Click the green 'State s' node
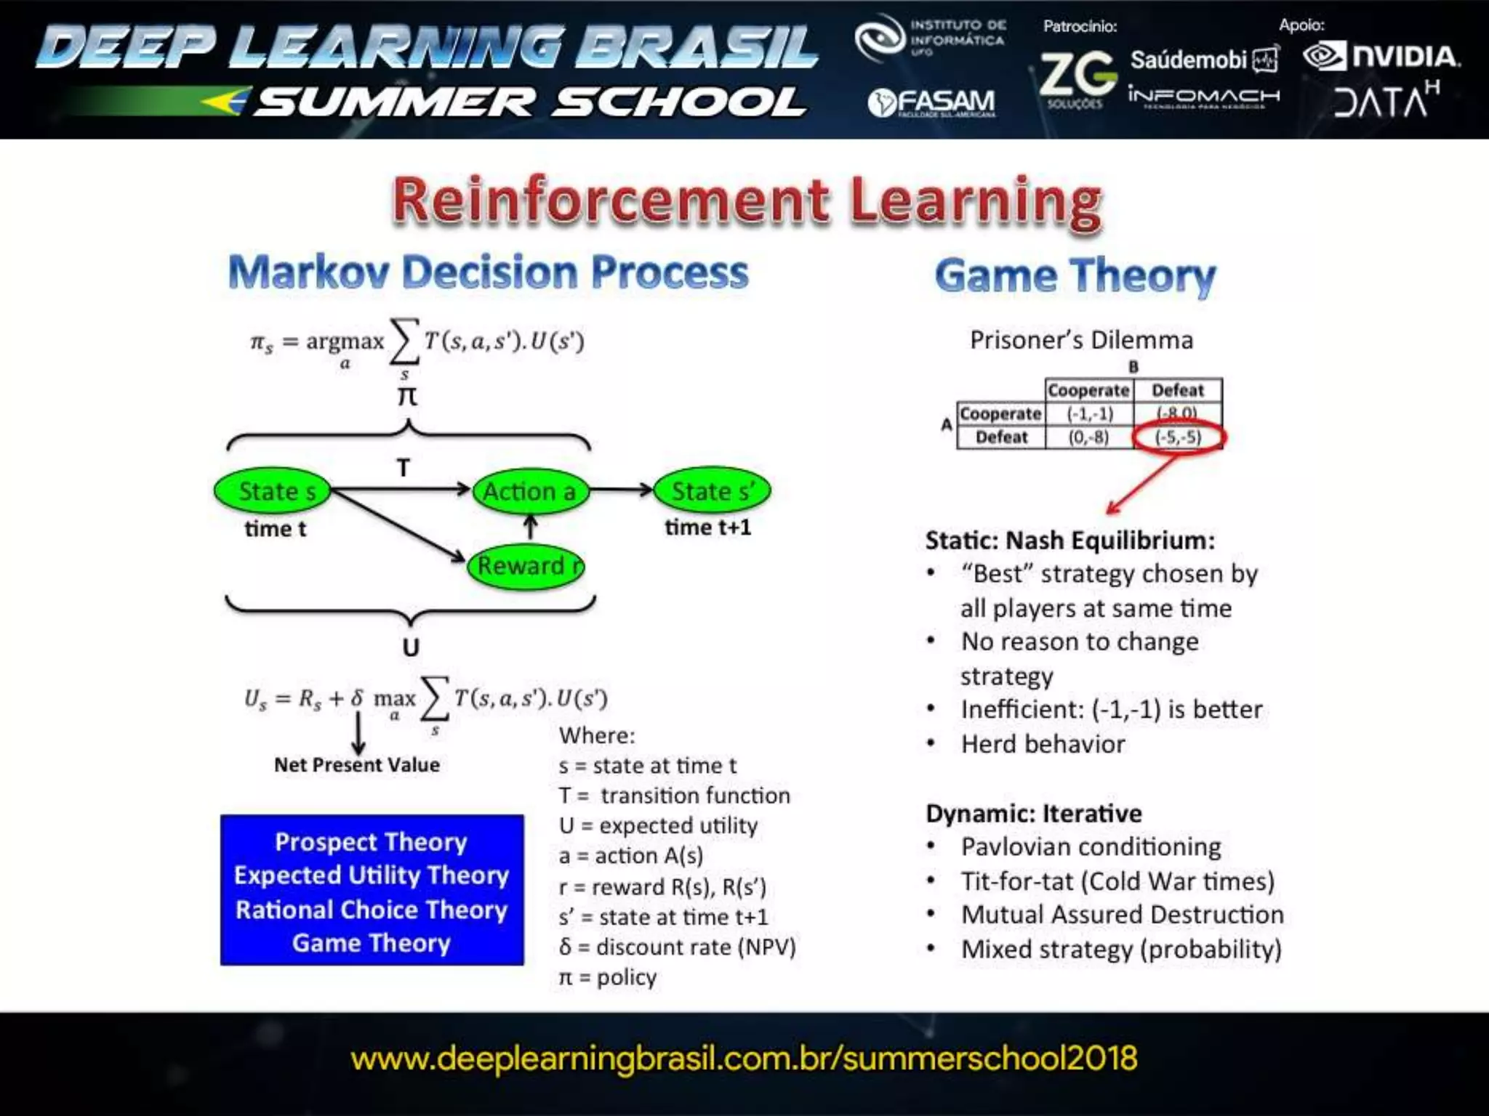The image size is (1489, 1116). (273, 491)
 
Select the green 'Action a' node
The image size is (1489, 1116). (530, 492)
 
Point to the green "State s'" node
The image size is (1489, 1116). (712, 491)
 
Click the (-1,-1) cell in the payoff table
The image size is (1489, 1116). (1089, 413)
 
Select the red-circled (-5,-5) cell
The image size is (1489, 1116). (1178, 437)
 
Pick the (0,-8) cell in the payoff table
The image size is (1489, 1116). (1088, 437)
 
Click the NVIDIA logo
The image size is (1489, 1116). (1381, 57)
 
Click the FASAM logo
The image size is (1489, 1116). (931, 103)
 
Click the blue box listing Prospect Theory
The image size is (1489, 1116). (372, 890)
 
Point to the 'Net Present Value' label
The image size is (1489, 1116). (356, 764)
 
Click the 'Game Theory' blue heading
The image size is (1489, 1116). (1075, 276)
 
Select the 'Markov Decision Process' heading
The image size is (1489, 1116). (488, 272)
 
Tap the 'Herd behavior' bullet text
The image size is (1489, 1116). (1043, 744)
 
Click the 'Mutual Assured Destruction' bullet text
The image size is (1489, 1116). (1122, 915)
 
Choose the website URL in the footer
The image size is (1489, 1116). (744, 1059)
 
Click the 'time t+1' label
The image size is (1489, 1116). (707, 527)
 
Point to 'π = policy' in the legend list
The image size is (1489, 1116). (608, 977)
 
